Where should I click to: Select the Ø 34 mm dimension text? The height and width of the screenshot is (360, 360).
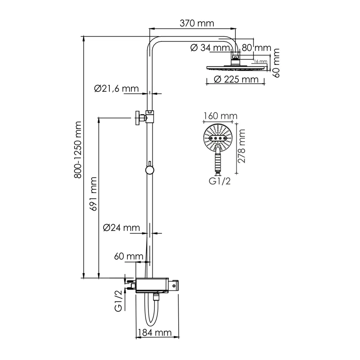tap(210, 48)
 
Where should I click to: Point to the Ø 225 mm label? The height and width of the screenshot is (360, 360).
tap(236, 80)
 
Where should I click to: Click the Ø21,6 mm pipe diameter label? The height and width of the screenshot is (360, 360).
tap(116, 89)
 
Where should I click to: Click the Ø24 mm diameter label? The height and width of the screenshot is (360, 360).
tap(121, 228)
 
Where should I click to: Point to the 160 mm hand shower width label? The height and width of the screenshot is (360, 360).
tap(220, 116)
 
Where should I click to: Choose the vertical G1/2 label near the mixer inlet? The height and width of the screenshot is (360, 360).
tap(118, 301)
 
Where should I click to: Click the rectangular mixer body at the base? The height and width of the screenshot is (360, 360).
tap(153, 285)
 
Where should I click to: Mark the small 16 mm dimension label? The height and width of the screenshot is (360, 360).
tap(260, 61)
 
